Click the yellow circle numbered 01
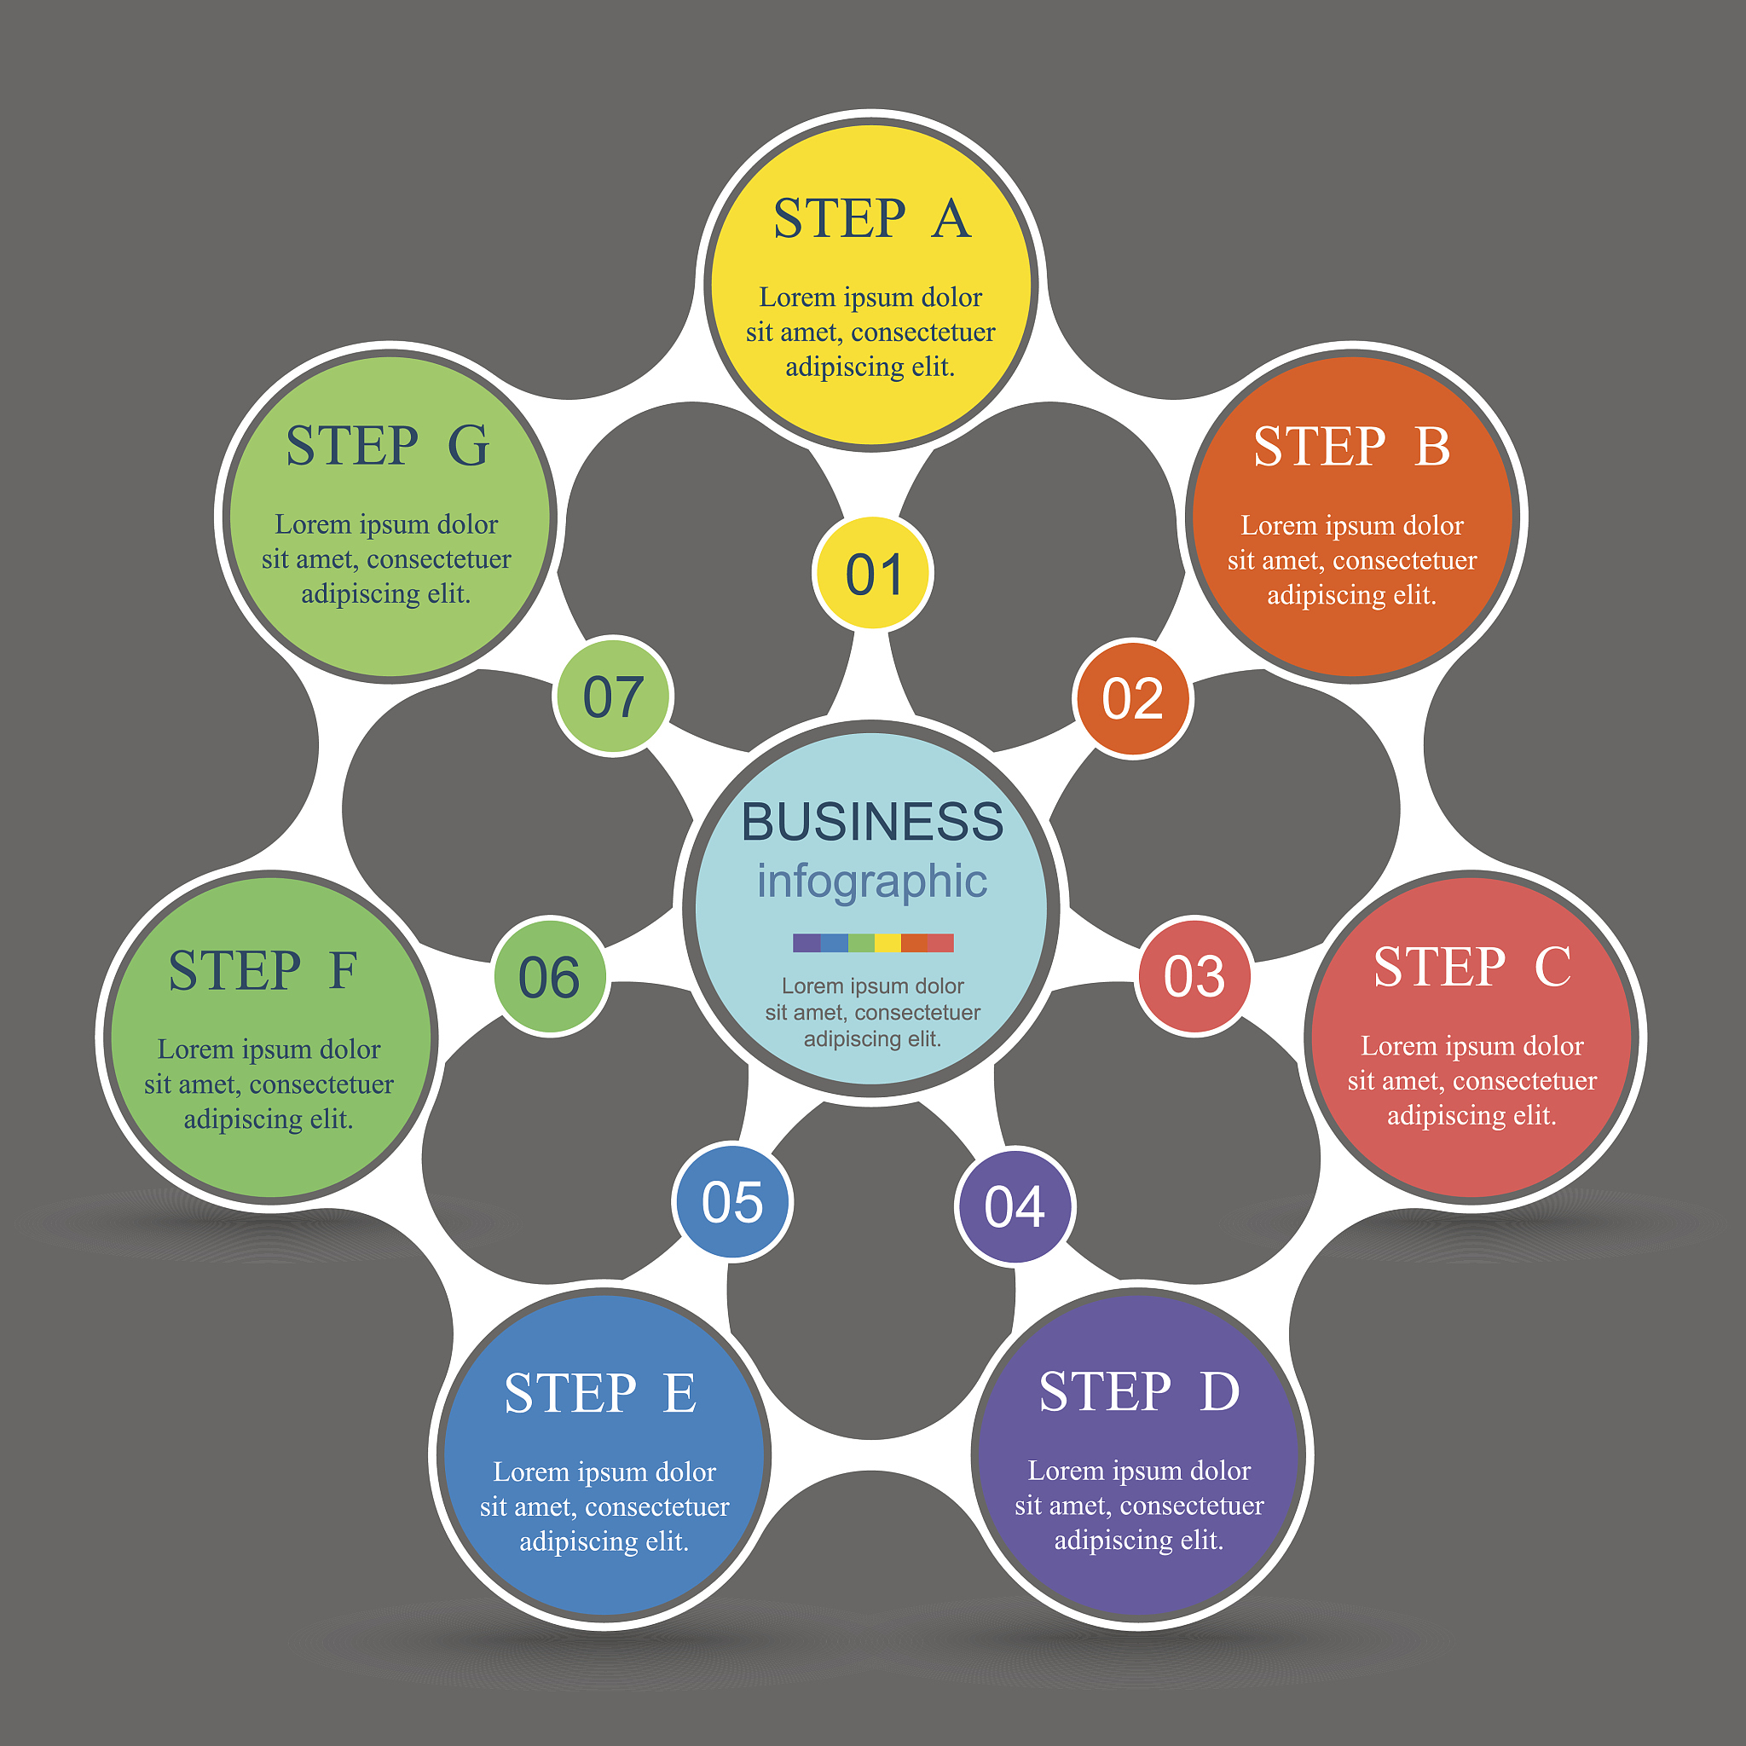872,573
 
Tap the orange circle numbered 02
1132,698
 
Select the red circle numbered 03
1194,976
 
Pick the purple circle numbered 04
1014,1206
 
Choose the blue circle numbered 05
732,1202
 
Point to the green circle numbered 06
550,977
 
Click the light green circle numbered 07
613,697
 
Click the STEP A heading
871,219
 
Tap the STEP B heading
1351,447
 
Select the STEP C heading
1471,967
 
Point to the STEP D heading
1139,1391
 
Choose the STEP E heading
600,1393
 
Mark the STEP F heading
263,970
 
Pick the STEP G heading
387,446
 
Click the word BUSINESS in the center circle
872,822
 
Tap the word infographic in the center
872,882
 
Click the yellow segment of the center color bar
887,943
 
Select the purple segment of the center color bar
807,943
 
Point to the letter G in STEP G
468,446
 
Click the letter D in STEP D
1219,1391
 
